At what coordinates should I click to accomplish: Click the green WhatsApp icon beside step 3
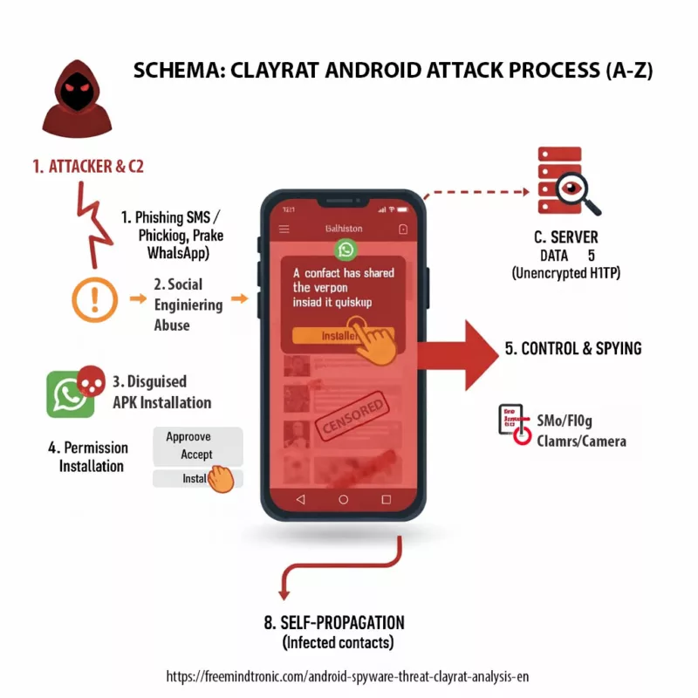[x=70, y=393]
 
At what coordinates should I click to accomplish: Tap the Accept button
[x=196, y=455]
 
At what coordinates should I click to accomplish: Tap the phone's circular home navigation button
[x=344, y=499]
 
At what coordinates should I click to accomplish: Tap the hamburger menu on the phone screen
[x=284, y=229]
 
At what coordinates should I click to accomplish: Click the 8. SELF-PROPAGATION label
[x=336, y=623]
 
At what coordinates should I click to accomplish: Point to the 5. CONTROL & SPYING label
[x=573, y=348]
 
